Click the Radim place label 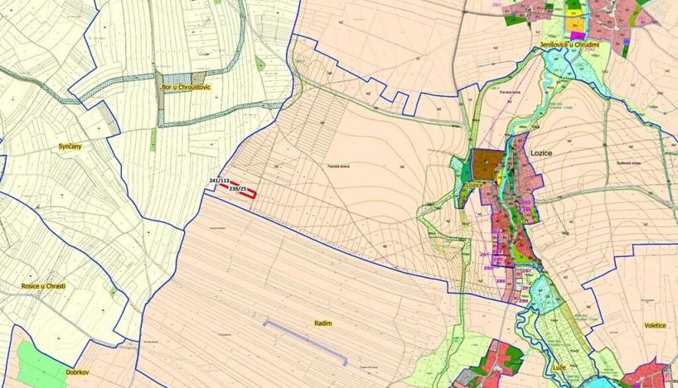click(323, 325)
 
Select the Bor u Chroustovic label click(186, 86)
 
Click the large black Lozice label click(540, 153)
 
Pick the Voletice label click(654, 326)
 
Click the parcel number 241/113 click(219, 180)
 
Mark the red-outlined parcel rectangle click(244, 190)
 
